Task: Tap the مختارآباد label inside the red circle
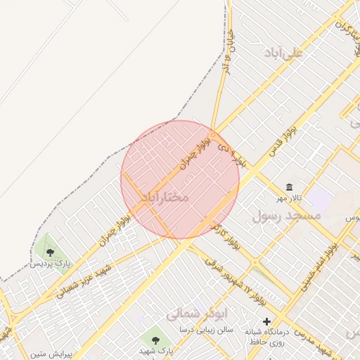tap(165, 197)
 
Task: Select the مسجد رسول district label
tap(286, 216)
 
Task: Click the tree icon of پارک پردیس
tap(50, 252)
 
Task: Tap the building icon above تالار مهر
tap(290, 186)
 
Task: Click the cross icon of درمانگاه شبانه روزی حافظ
tap(266, 321)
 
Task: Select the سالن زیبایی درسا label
tap(206, 329)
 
